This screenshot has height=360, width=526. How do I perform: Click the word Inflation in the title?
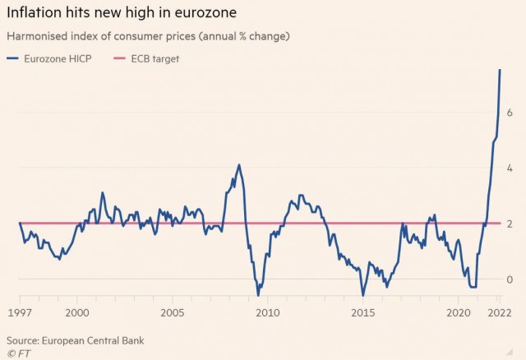34,13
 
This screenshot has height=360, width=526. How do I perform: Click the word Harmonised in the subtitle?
37,36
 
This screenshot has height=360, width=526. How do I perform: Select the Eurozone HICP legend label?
58,58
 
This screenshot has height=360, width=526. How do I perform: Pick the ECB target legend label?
155,58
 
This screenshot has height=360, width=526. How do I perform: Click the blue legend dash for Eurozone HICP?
12,58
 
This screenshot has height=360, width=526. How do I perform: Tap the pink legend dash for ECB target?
119,58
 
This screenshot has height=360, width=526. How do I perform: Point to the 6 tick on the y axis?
510,113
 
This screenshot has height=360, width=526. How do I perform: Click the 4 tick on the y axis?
510,168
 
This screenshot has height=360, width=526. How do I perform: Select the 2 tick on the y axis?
510,224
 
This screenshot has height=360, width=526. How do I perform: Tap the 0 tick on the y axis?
510,279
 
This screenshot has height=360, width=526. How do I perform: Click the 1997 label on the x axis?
20,313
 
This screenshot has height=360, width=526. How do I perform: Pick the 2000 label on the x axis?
77,313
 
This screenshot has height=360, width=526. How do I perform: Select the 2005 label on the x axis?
173,313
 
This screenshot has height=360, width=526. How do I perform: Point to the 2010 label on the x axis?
268,313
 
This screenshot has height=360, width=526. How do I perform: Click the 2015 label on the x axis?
363,313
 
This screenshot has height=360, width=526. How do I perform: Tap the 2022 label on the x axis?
500,313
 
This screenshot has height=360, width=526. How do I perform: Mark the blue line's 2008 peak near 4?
239,164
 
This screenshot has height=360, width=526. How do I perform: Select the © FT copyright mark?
18,353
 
